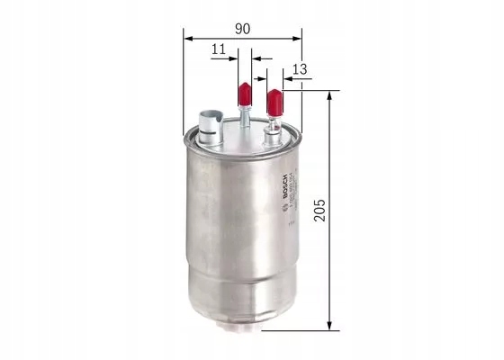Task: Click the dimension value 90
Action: pos(242,28)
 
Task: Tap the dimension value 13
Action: pos(300,68)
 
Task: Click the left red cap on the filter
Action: pos(243,93)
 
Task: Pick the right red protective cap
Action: pos(274,100)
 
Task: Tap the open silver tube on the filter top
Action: pos(210,121)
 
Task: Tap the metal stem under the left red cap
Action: pos(244,117)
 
